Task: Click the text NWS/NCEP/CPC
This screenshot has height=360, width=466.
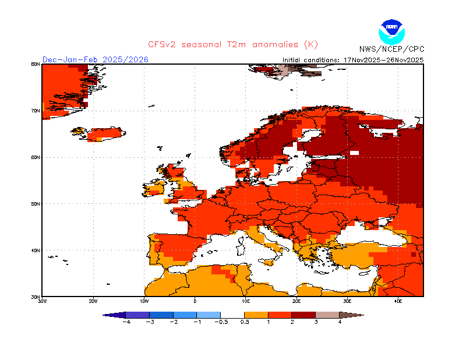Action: point(391,49)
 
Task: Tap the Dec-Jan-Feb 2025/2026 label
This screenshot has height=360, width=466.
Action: point(96,59)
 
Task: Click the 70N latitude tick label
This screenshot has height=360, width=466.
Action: point(36,111)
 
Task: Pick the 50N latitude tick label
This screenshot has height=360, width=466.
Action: point(36,204)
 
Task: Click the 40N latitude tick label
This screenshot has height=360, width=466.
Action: point(36,250)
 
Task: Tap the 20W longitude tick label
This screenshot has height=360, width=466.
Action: point(93,301)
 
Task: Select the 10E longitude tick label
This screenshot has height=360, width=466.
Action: point(246,301)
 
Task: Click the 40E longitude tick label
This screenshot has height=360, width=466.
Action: point(398,301)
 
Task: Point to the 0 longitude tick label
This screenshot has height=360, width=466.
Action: point(195,301)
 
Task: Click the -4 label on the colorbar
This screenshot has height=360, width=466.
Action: point(125,322)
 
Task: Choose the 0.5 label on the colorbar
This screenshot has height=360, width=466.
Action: point(245,322)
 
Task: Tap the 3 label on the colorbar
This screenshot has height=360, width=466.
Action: point(316,322)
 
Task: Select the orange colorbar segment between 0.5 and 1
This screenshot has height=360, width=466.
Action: point(257,315)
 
